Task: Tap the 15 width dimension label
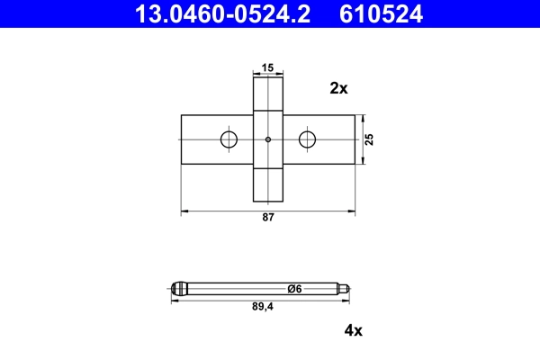tap(268, 67)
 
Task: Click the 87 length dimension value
tap(268, 219)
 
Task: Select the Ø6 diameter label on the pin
tap(293, 288)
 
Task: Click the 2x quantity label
tap(338, 88)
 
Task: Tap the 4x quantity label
tap(353, 330)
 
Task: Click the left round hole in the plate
tap(229, 139)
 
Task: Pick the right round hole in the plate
tap(308, 139)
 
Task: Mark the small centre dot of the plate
tap(268, 139)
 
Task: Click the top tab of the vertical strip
tap(268, 94)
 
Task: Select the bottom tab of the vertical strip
tap(268, 184)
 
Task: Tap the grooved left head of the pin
tap(180, 289)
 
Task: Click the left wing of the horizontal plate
tap(202, 139)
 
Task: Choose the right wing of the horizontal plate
tap(333, 139)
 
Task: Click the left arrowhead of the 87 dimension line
tap(185, 211)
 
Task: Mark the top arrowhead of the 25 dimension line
tap(363, 118)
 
